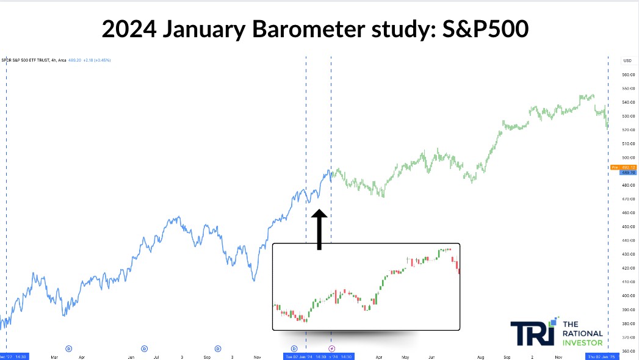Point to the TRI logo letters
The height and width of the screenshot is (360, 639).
[532, 333]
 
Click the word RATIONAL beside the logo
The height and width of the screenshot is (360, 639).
[583, 334]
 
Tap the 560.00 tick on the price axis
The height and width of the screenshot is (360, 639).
[629, 74]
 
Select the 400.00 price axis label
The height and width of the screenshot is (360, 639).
[629, 295]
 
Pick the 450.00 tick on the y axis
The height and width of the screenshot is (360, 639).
[629, 226]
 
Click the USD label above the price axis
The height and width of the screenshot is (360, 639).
[627, 60]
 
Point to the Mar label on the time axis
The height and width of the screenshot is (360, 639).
[54, 356]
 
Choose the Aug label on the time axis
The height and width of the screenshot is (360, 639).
[480, 356]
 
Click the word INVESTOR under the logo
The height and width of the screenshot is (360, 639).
[582, 342]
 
